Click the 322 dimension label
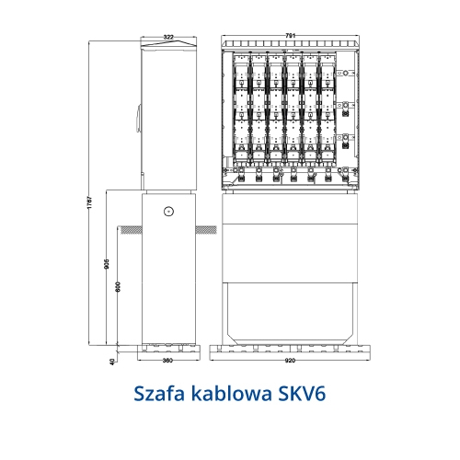click(168, 37)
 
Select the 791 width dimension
click(290, 36)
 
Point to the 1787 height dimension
click(89, 202)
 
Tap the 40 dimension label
click(112, 362)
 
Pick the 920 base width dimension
click(290, 361)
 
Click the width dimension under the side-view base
click(167, 361)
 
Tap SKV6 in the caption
click(302, 394)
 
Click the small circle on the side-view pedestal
click(168, 211)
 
